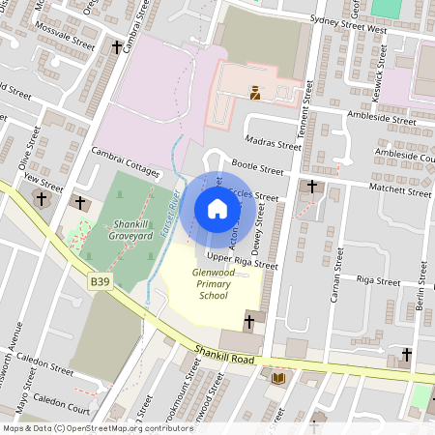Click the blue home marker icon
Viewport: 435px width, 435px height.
217,209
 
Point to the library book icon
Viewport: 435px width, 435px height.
278,377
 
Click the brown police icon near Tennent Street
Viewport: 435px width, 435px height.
255,93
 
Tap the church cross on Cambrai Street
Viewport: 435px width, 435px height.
117,46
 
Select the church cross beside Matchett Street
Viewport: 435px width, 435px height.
311,186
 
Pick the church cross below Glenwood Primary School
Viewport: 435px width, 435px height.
249,320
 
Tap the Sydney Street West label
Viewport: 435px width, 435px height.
348,31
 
